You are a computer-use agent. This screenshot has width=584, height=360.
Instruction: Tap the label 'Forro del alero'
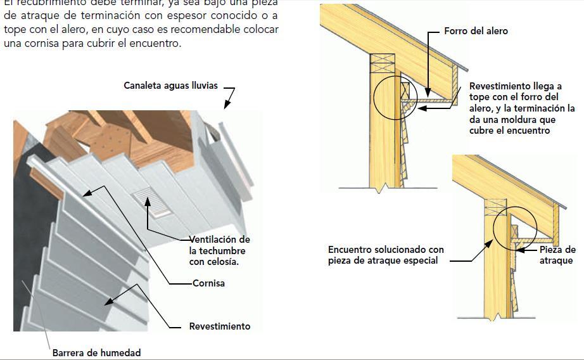point(476,31)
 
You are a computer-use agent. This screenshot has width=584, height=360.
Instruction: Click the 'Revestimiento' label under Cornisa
point(219,326)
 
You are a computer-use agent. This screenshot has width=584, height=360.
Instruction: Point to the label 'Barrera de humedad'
point(96,352)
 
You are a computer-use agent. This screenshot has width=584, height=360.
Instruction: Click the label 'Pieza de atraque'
point(557,255)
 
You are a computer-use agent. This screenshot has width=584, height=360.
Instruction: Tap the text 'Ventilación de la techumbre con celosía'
point(219,250)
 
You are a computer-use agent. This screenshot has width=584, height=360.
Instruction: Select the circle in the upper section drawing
point(395,98)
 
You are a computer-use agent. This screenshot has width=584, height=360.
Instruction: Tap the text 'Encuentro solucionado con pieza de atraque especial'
point(386,255)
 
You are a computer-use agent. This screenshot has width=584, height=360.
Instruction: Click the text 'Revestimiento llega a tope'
point(515,86)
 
